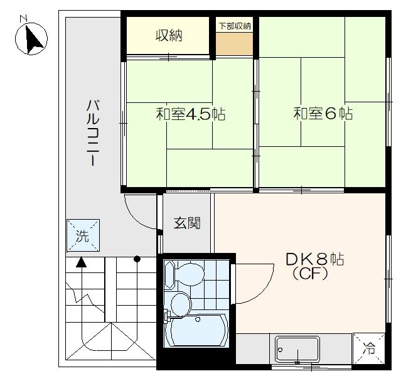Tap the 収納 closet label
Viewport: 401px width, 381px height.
(x=169, y=36)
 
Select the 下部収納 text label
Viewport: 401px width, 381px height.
(x=235, y=26)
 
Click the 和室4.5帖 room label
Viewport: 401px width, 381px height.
(x=191, y=114)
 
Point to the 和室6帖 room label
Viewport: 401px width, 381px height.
(x=323, y=114)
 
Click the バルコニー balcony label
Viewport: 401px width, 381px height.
(x=93, y=133)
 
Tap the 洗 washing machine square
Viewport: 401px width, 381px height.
(x=83, y=235)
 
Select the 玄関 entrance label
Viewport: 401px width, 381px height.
(x=187, y=223)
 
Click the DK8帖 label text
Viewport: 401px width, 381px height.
(x=314, y=259)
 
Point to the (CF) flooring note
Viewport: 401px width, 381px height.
(x=310, y=274)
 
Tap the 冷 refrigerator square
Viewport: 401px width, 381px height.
(x=369, y=348)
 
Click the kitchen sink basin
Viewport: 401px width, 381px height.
(x=297, y=350)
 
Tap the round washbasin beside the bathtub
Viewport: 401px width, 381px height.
(x=181, y=304)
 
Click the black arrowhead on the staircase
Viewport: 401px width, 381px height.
(x=82, y=262)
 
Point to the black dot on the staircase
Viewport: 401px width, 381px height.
(x=137, y=259)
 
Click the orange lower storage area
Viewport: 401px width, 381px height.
(x=234, y=43)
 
